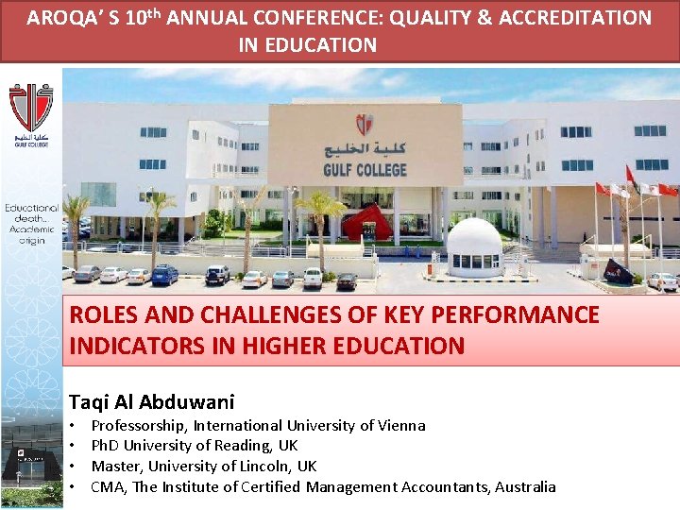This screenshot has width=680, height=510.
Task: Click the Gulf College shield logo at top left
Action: point(31,109)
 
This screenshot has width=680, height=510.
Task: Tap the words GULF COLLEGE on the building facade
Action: point(365,170)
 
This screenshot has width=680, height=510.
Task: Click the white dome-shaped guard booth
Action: point(474,248)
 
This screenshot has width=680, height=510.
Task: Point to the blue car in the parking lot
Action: point(164,275)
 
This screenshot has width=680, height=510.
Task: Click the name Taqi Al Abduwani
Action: point(151,401)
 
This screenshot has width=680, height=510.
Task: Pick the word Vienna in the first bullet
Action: point(402,426)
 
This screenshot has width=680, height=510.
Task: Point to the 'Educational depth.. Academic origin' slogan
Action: point(32,224)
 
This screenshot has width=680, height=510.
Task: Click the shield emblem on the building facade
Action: point(364,125)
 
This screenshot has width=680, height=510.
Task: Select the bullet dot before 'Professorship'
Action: point(73,426)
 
